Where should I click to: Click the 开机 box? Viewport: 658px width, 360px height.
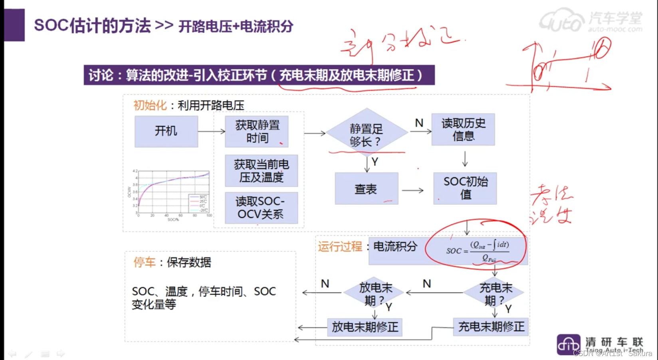[x=166, y=131]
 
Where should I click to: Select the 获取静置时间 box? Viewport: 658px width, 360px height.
[x=257, y=131]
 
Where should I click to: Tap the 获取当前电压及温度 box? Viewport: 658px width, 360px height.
[x=261, y=171]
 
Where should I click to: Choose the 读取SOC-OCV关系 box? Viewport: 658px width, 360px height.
[x=261, y=208]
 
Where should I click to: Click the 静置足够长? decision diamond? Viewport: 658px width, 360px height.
[x=367, y=133]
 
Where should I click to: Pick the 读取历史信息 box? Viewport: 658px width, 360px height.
[x=463, y=129]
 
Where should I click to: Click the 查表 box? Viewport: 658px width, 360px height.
[x=366, y=189]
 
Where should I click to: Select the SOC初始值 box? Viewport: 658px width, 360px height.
[x=465, y=188]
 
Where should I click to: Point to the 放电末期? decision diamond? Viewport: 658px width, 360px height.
[x=375, y=293]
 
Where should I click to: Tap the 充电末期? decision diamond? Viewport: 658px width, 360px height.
[x=494, y=293]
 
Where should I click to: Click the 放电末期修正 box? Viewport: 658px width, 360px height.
[x=365, y=327]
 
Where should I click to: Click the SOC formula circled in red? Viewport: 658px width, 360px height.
[x=478, y=251]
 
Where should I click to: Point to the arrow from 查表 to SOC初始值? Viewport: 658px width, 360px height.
[x=412, y=190]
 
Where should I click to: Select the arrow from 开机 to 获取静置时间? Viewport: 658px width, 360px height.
[x=211, y=131]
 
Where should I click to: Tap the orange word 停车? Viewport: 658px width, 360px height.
[x=144, y=262]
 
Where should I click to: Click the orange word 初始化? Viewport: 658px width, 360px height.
[x=150, y=105]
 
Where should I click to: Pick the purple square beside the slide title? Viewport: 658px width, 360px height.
[x=14, y=25]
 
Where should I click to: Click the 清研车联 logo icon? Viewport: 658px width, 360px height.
[x=569, y=344]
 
